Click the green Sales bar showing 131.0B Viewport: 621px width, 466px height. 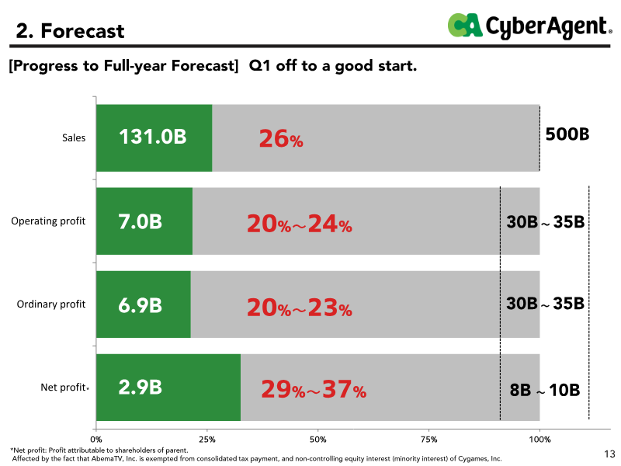(x=154, y=138)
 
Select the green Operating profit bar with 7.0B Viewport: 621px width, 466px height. (x=144, y=221)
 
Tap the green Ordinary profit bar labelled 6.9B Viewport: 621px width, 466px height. (x=144, y=304)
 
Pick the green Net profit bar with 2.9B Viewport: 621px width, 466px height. (x=168, y=388)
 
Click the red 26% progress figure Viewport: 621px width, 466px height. (x=281, y=140)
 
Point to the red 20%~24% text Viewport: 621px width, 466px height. (x=300, y=224)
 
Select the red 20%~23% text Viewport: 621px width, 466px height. (x=300, y=308)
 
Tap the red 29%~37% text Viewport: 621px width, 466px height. (x=314, y=389)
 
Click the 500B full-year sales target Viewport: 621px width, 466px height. (x=567, y=134)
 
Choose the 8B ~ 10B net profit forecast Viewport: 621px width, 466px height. (x=545, y=390)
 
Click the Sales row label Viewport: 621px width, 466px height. (x=74, y=138)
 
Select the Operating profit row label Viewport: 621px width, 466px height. (x=48, y=221)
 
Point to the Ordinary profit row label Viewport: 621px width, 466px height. (x=51, y=304)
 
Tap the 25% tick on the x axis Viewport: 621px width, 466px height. (x=207, y=440)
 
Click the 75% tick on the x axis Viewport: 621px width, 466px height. (x=429, y=440)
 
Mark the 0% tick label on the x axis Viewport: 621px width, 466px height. (x=96, y=440)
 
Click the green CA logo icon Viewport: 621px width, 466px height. (x=465, y=25)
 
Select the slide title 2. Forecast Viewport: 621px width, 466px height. (x=70, y=31)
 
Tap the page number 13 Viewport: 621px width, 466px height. (x=610, y=454)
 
